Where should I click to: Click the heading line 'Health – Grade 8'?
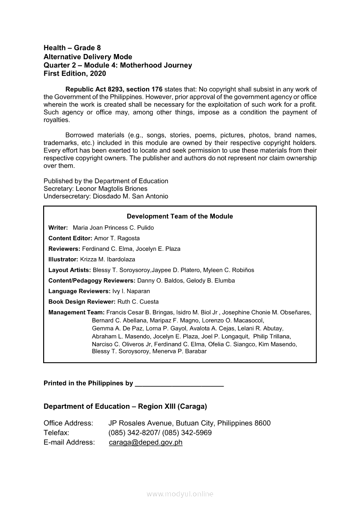click(x=72, y=48)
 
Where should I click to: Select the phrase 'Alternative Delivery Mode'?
click(x=88, y=57)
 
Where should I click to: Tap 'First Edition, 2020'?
click(x=75, y=74)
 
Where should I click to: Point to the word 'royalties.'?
click(x=57, y=120)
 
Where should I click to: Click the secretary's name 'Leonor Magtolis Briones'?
click(x=112, y=189)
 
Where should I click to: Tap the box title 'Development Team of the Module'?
click(x=180, y=216)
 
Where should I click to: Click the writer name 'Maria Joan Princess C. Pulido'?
click(x=113, y=228)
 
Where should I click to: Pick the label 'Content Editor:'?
click(x=70, y=239)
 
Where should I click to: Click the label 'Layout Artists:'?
click(x=70, y=270)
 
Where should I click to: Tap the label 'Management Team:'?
click(x=76, y=313)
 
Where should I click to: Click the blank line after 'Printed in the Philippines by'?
click(x=180, y=384)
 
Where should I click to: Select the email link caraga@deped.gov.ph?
click(x=146, y=442)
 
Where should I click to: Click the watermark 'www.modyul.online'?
click(x=180, y=494)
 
